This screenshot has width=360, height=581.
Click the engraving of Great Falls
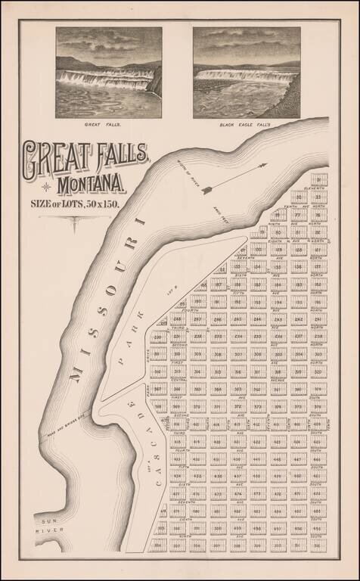pos(108,72)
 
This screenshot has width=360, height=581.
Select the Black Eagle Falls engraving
pos(246,72)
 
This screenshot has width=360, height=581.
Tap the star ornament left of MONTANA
pos(47,186)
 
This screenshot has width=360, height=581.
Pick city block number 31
pos(318,180)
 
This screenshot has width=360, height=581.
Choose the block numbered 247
pos(197,319)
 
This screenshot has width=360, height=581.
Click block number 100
pos(259,250)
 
